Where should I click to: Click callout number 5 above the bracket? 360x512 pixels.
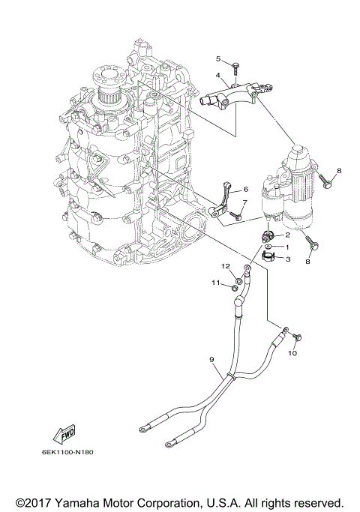click(x=219, y=58)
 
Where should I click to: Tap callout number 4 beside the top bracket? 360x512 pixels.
click(x=217, y=76)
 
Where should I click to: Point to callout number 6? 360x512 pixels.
click(x=244, y=190)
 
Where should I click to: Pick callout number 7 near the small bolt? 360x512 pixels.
click(x=244, y=202)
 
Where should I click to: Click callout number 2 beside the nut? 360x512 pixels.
click(x=286, y=235)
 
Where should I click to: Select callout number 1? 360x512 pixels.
click(x=286, y=247)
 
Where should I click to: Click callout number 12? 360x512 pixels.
click(x=224, y=266)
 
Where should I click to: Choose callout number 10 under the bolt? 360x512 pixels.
click(x=293, y=352)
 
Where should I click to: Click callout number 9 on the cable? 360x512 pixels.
click(x=212, y=361)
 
